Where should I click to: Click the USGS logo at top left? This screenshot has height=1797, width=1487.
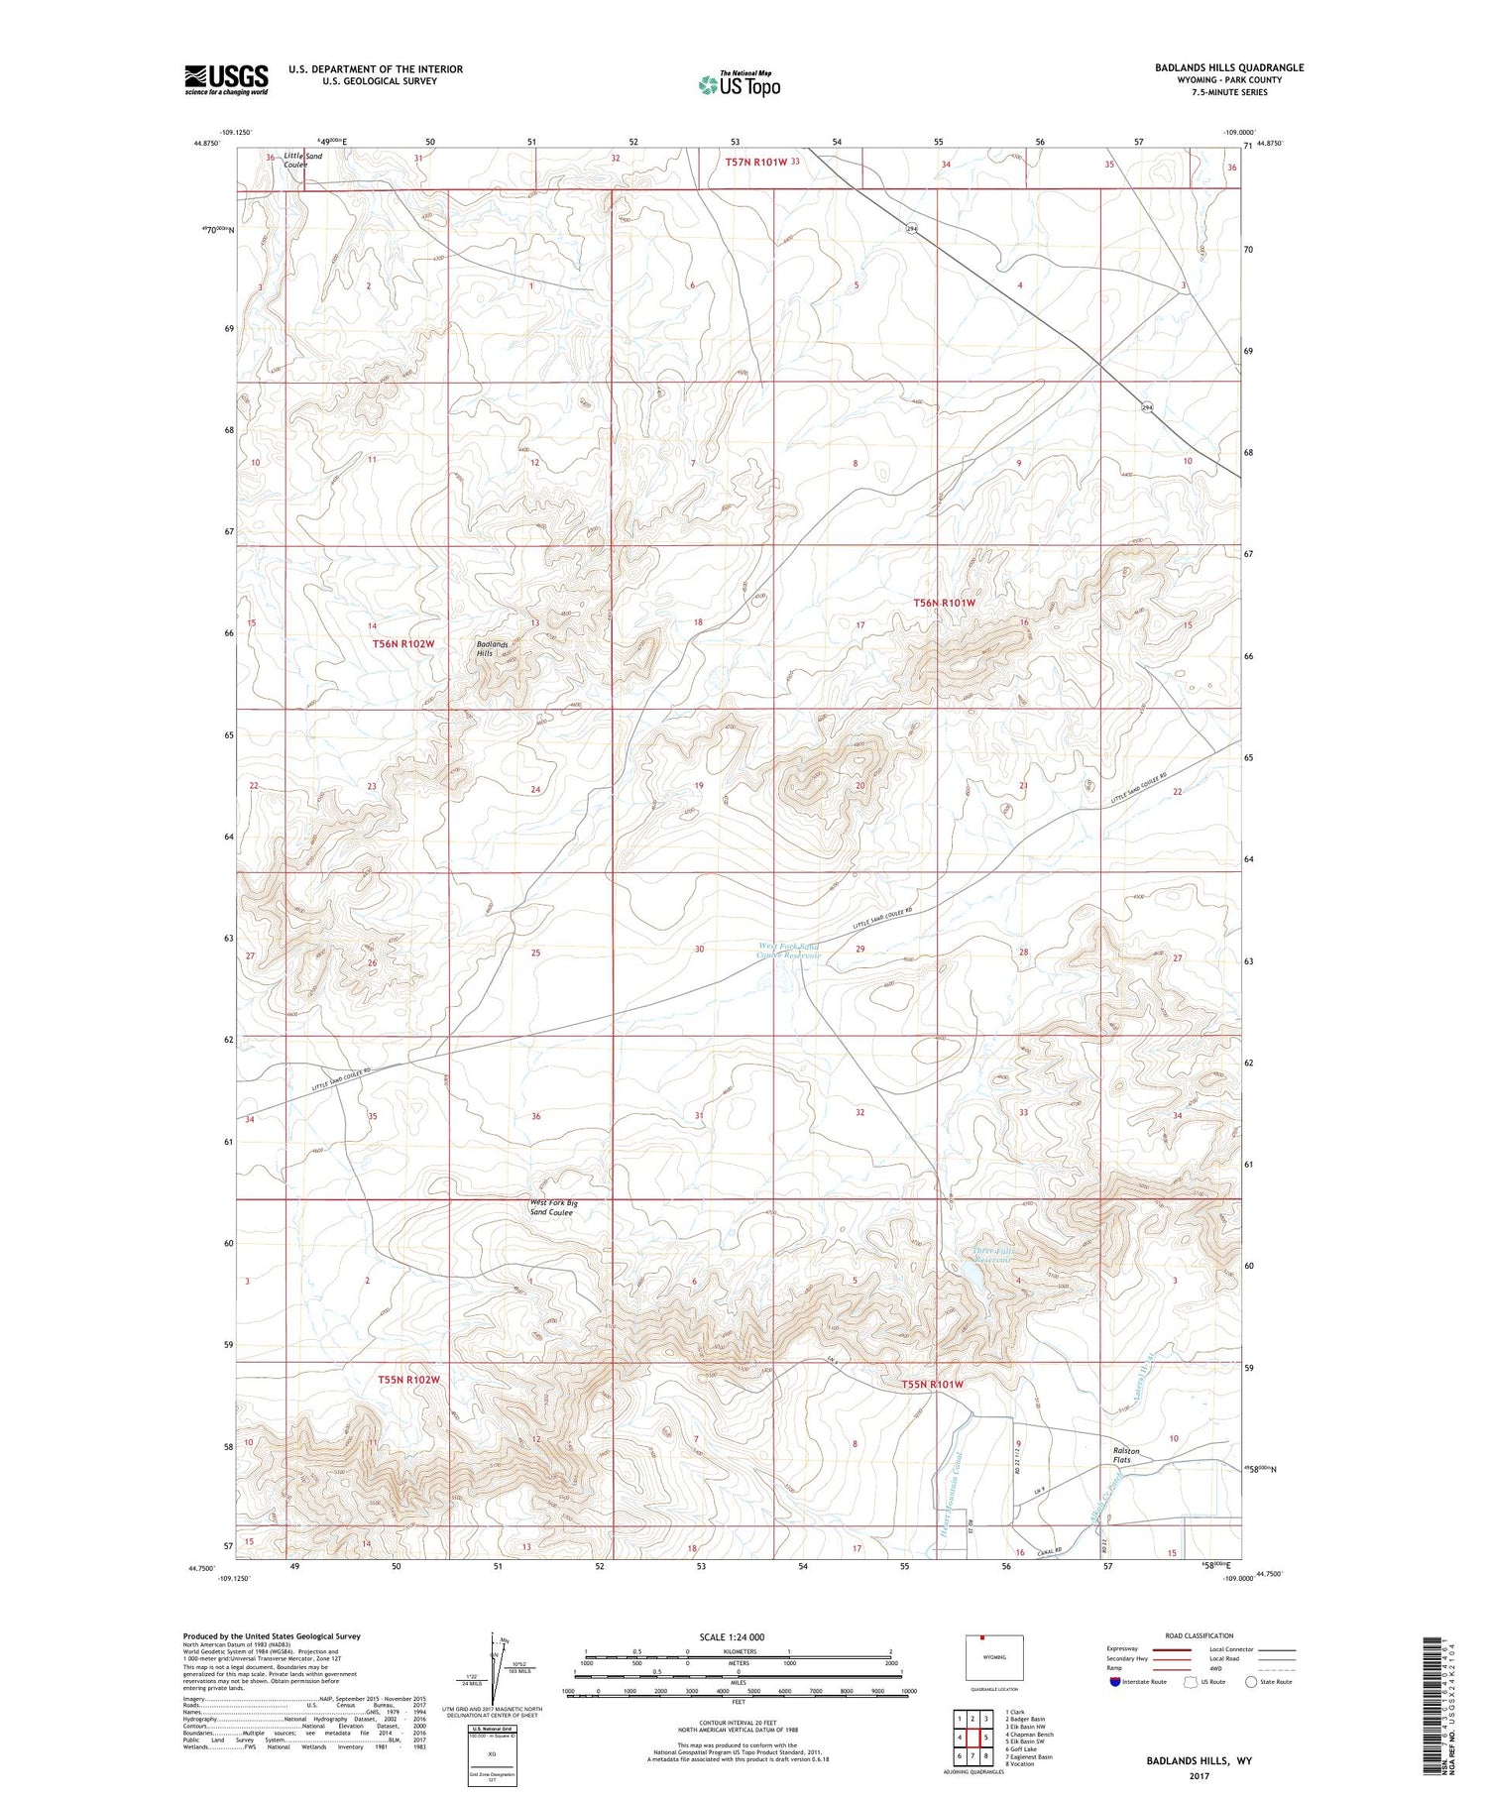226,79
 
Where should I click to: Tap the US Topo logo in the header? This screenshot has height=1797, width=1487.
740,84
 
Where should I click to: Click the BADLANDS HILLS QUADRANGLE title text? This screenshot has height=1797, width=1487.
1214,67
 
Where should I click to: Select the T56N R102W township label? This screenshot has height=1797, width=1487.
403,644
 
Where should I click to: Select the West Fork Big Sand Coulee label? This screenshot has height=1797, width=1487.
553,1207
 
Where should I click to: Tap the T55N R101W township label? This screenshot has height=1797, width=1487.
932,1384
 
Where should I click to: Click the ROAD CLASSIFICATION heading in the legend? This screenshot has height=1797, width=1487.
1200,1635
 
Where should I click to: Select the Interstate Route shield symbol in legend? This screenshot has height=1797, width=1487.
1115,1681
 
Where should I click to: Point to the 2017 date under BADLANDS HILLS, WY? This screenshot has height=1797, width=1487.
1200,1775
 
